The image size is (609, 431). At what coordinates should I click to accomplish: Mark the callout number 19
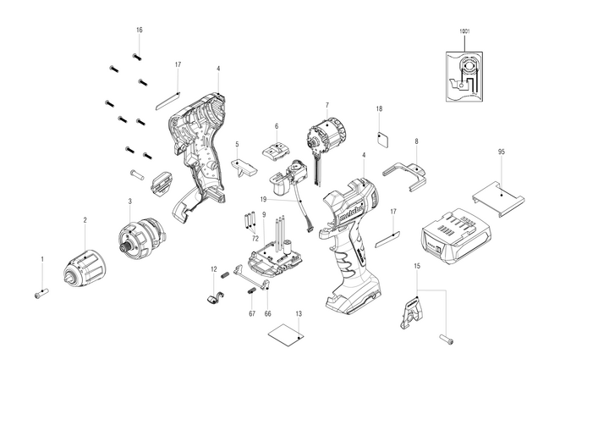(264, 198)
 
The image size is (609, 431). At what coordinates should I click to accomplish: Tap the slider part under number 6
(276, 149)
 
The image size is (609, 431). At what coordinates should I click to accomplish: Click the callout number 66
(268, 314)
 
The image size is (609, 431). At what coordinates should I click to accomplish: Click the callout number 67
(251, 314)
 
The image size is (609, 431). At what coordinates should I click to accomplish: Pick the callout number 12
(213, 269)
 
